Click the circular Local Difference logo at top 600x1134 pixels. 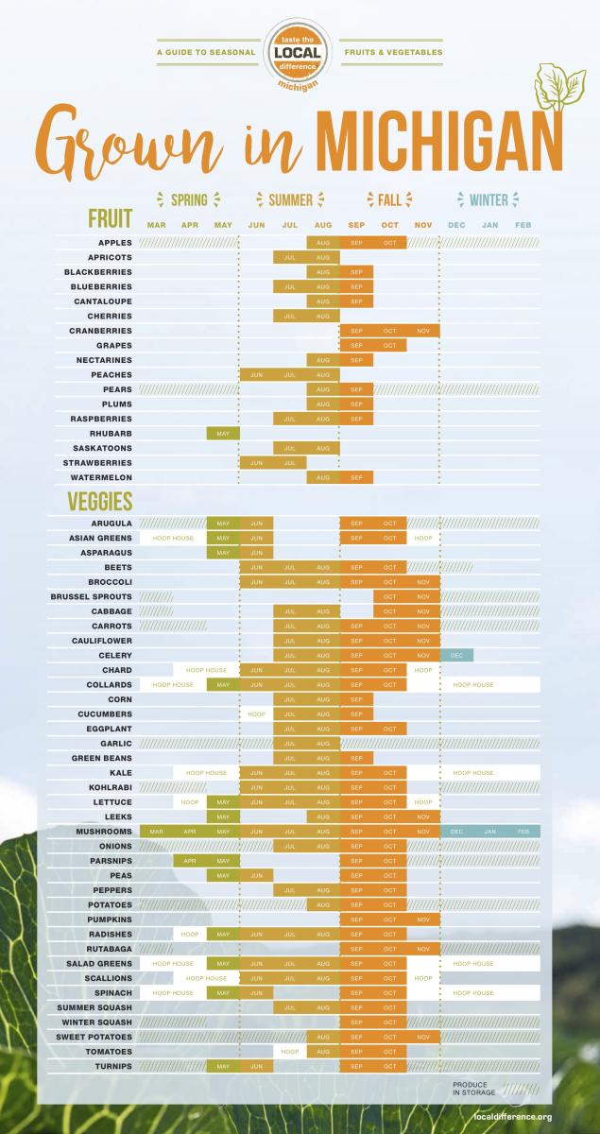click(x=300, y=53)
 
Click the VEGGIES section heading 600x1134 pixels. click(x=99, y=501)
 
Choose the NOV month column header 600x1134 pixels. click(x=422, y=225)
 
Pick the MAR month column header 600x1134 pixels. click(x=156, y=225)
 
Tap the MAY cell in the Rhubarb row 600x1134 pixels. click(x=223, y=434)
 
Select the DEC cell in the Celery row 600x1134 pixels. click(x=456, y=655)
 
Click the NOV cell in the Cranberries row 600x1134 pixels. click(x=422, y=331)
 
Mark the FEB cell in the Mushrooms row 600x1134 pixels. click(x=523, y=831)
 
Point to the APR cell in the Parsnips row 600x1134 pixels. click(x=189, y=861)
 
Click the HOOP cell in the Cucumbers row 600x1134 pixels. click(x=256, y=713)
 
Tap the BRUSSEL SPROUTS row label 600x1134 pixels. click(x=91, y=596)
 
